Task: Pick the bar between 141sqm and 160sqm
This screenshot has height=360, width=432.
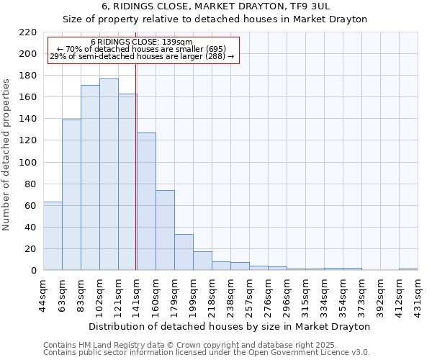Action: (x=146, y=202)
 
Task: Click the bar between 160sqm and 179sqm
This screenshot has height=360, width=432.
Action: (x=165, y=230)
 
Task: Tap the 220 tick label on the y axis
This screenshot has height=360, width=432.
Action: (x=28, y=32)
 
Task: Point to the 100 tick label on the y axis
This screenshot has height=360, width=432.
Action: (x=28, y=163)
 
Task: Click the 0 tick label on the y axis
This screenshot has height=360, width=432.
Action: (x=34, y=271)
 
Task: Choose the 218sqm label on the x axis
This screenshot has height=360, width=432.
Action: (x=212, y=294)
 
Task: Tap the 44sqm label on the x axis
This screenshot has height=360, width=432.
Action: (x=44, y=294)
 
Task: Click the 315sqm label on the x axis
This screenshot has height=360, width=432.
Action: (x=306, y=294)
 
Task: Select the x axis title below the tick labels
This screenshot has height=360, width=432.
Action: (x=230, y=326)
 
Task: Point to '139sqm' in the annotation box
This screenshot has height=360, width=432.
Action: (x=177, y=42)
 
